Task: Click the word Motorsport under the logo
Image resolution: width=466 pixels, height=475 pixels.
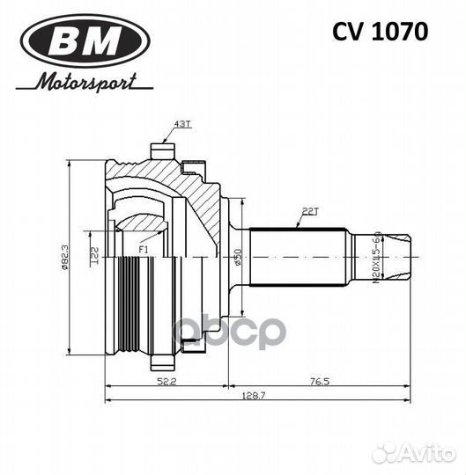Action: coord(85,82)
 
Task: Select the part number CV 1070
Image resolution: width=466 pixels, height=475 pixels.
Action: coord(380,33)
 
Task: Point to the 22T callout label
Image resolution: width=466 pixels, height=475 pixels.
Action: coord(310,212)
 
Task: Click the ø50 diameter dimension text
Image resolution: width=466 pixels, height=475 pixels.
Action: coord(237,259)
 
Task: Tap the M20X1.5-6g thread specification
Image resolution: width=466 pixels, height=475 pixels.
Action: coord(378,256)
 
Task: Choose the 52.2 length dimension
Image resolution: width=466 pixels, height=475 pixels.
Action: coord(166,381)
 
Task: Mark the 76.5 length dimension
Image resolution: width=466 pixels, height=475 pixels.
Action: coord(320,381)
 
